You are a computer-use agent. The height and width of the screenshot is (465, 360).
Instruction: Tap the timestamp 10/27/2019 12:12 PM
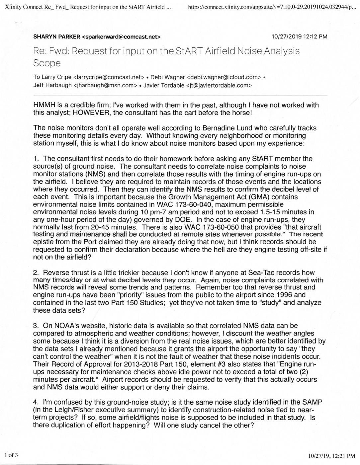(x=299, y=37)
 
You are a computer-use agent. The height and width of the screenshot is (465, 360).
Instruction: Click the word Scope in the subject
(x=47, y=63)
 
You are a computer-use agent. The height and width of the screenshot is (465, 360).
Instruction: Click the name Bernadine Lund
(x=222, y=128)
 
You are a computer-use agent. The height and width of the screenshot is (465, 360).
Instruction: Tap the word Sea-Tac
(x=260, y=273)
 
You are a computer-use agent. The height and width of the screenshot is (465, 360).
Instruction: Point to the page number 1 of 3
(x=11, y=455)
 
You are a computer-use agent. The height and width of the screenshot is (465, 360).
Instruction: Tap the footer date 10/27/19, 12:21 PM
(x=331, y=456)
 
